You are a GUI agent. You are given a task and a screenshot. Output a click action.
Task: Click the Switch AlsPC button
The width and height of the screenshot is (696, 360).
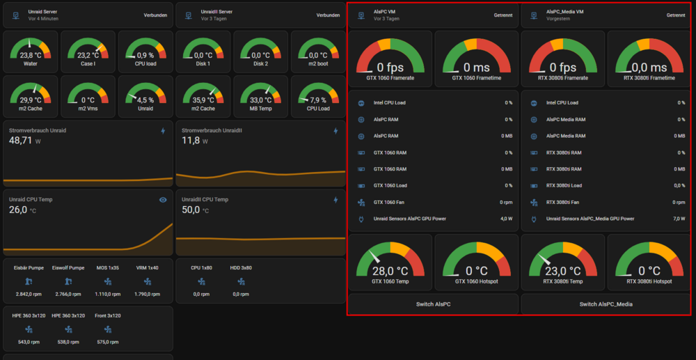(x=433, y=304)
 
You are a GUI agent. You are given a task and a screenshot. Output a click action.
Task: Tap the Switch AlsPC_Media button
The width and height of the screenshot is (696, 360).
(x=606, y=304)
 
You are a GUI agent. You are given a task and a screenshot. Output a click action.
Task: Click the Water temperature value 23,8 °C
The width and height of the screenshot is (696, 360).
(x=30, y=56)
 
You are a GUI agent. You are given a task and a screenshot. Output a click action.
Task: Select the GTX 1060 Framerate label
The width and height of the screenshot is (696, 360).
(x=390, y=78)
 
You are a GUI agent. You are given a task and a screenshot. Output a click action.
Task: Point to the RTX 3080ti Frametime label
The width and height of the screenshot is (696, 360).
(x=649, y=78)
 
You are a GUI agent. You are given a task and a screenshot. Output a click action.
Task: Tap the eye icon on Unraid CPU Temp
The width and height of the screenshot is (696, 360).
(x=163, y=200)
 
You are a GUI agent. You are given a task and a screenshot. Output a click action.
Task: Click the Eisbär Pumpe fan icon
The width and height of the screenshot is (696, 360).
(x=29, y=281)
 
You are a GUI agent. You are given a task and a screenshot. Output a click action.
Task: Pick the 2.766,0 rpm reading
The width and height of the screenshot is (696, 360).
(x=68, y=294)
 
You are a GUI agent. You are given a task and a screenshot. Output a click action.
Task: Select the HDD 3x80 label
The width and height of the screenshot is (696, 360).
(x=241, y=267)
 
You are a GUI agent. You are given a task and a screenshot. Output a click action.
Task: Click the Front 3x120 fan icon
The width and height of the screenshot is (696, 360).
(x=107, y=329)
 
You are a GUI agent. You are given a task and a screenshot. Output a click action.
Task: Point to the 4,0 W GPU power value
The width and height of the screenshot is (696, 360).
(x=507, y=219)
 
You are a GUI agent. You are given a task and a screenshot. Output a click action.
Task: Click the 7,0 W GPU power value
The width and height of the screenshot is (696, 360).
(x=679, y=219)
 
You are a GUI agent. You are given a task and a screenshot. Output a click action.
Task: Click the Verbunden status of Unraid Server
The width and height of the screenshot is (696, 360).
(x=155, y=15)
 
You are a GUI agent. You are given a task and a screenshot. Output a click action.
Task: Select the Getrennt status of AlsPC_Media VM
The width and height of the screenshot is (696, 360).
(x=676, y=15)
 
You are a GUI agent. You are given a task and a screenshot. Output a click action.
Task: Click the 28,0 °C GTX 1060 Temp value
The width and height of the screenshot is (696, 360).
(x=390, y=272)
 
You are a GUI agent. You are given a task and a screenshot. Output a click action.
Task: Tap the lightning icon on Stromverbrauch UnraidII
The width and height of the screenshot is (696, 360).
(x=335, y=131)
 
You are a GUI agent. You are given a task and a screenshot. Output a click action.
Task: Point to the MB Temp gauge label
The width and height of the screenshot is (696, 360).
(x=260, y=109)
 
